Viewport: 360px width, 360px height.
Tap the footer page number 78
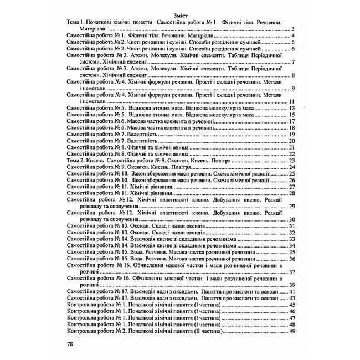click(x=70, y=343)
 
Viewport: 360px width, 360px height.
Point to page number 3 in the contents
click(x=292, y=29)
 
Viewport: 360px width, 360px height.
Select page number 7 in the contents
click(x=292, y=61)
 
